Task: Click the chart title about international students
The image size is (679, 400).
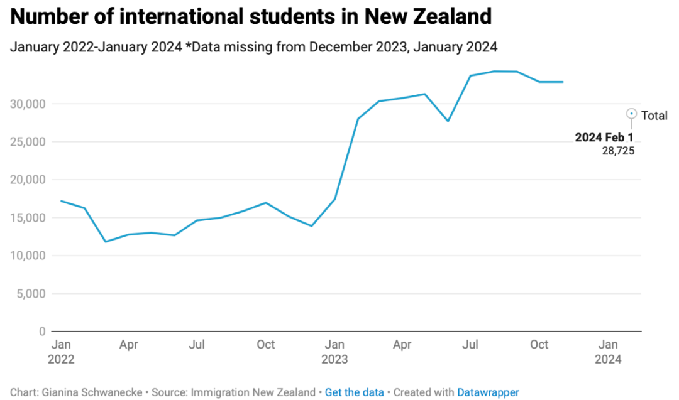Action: pos(251,16)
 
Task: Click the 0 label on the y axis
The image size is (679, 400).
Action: pos(42,332)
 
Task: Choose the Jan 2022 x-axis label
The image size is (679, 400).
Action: pos(61,351)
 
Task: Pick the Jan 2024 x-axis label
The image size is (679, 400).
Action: pos(608,351)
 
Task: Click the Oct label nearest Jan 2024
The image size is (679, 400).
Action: pos(539,344)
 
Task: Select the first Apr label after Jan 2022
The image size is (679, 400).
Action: pos(129,344)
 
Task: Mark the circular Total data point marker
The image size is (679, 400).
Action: pos(631,114)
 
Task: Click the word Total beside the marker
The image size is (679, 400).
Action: pos(654,116)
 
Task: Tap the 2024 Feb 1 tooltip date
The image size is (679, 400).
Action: pos(604,138)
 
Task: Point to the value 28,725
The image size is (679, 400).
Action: pos(618,151)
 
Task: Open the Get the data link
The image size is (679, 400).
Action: pos(354,392)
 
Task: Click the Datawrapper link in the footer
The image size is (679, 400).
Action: pos(488,392)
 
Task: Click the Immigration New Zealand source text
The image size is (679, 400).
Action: pos(253,392)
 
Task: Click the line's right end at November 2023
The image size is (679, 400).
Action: pos(563,82)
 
